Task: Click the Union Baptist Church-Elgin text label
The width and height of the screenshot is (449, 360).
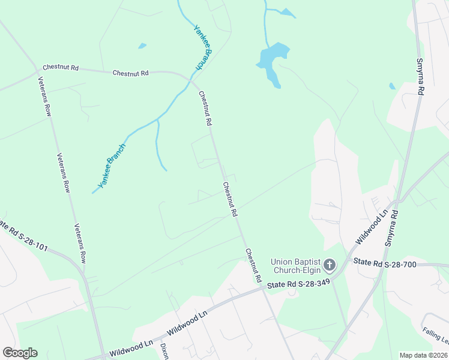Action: pos(295,265)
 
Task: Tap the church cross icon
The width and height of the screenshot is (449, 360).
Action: pos(330,265)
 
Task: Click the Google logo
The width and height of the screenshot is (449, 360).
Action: pos(20,353)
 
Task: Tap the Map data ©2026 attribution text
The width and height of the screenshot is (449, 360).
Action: pos(423,355)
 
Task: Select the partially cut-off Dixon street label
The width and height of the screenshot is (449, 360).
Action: pos(163,351)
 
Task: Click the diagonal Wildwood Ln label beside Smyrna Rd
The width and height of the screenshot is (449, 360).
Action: pos(372,227)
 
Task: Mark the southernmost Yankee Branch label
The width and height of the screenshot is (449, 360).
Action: pos(112,166)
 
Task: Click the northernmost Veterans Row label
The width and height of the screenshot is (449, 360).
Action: pos(46,96)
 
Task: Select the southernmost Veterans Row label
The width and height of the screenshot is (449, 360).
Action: pos(80,244)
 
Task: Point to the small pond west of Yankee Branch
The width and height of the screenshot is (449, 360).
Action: pos(142,46)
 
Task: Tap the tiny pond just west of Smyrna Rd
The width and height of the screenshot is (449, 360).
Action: pos(392,86)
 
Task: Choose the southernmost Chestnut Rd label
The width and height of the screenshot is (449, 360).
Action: pos(253,265)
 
